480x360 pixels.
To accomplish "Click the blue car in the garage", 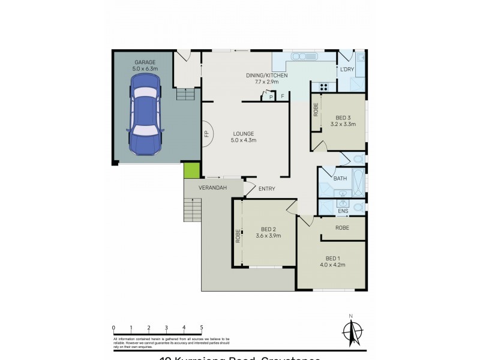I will [x=145, y=119].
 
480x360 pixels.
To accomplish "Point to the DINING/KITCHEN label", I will [x=266, y=76].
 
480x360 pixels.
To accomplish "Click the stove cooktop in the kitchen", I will [x=323, y=86].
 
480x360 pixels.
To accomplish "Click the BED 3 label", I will [x=343, y=121].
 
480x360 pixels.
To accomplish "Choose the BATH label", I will [x=340, y=179].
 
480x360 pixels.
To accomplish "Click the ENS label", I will [x=343, y=211].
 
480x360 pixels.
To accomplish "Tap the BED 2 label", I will [x=271, y=232].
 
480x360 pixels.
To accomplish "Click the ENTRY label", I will [x=266, y=189].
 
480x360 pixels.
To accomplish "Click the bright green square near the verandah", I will [x=191, y=170].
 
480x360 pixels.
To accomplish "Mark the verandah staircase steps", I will [x=192, y=211].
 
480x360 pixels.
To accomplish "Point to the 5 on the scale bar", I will [x=202, y=328].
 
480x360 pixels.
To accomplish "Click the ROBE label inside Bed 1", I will [x=343, y=228].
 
